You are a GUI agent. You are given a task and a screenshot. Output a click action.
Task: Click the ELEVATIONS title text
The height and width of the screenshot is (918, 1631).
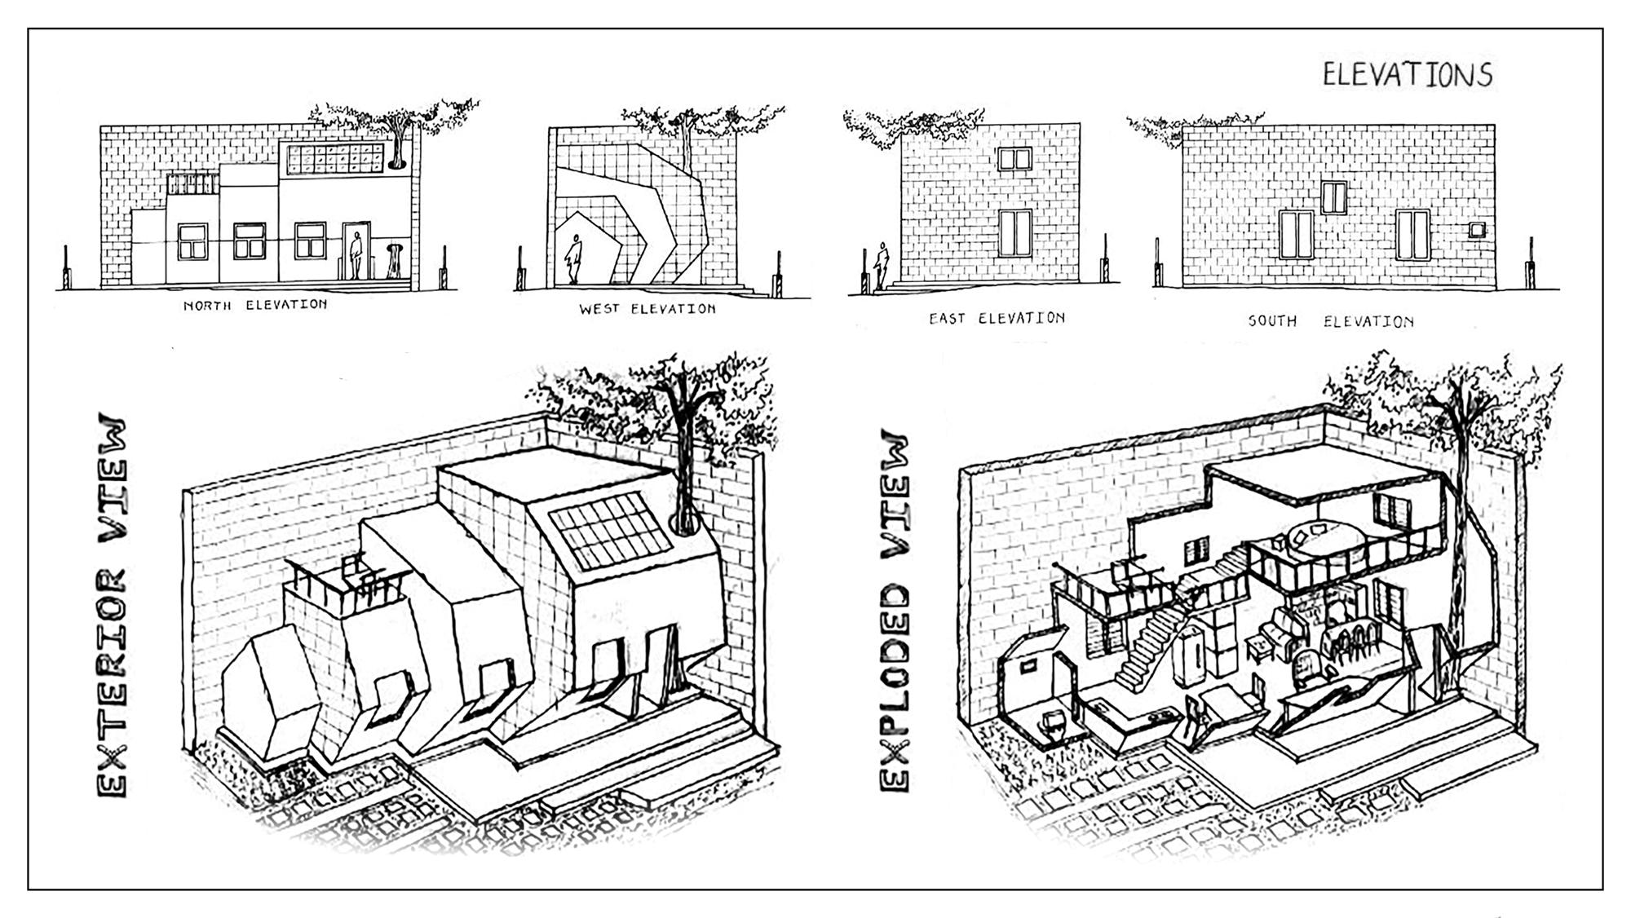tap(1407, 75)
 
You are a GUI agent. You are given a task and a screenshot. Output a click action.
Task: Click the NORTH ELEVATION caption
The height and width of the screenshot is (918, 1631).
tap(255, 305)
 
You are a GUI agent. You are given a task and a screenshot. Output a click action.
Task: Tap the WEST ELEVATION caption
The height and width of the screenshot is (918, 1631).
tap(648, 309)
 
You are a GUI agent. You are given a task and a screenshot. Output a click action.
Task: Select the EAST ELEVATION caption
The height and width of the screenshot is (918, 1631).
tap(997, 318)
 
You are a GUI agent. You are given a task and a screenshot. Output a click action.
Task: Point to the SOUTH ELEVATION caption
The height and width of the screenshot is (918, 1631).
tap(1331, 321)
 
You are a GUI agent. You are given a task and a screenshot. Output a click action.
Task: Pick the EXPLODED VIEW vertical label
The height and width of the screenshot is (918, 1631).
tap(895, 611)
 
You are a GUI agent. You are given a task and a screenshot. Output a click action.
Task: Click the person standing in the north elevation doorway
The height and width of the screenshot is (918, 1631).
tap(356, 256)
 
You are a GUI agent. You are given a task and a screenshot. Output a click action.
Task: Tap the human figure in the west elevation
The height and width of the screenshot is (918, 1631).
tap(574, 259)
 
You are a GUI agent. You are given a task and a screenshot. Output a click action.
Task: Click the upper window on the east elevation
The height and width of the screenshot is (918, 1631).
tap(1014, 159)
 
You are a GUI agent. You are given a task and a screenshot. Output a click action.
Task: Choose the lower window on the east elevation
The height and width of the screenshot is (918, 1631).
tap(1015, 233)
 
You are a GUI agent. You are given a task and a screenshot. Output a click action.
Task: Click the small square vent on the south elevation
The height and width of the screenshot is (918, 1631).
tap(1477, 230)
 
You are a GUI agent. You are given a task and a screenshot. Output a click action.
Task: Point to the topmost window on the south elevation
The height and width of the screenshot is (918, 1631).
tap(1334, 197)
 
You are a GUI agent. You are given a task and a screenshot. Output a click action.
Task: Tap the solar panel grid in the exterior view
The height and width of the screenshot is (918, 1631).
tap(609, 531)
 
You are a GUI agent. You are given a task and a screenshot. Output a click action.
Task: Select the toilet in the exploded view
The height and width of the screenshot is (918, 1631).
tap(1054, 725)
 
